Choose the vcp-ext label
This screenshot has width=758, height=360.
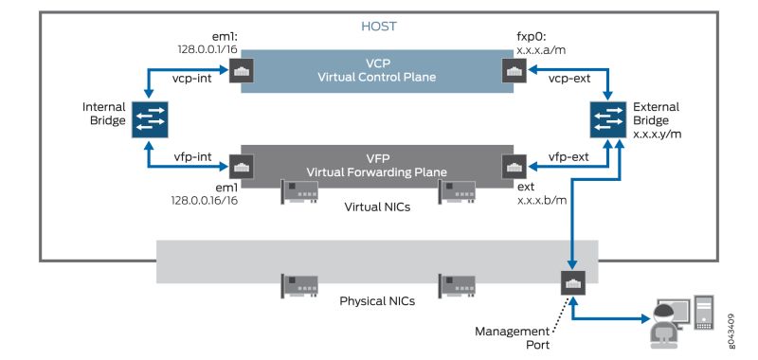click(x=568, y=82)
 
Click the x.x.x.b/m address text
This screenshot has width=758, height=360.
click(x=541, y=201)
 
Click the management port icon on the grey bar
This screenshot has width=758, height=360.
click(x=571, y=282)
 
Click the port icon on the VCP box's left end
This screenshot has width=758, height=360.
click(x=241, y=71)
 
